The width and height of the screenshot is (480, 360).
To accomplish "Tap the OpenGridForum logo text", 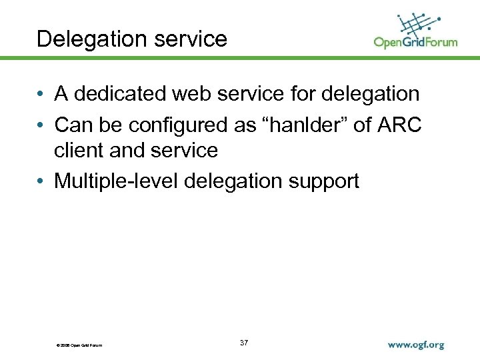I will pos(415,43).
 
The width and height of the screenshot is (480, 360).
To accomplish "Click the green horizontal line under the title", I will pos(240,58).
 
